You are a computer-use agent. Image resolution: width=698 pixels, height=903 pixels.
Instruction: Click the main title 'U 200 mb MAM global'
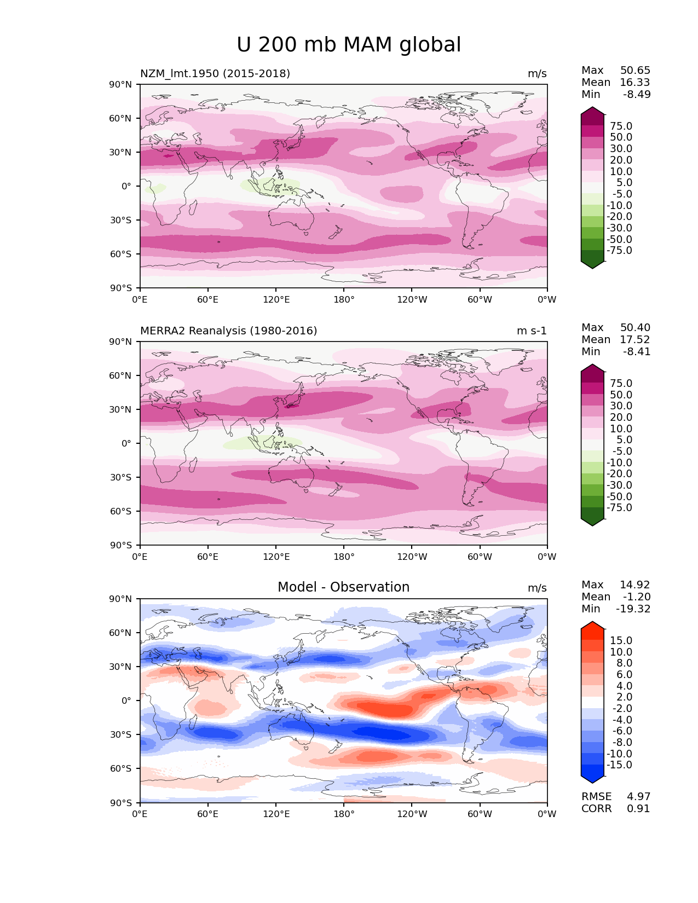click(x=349, y=45)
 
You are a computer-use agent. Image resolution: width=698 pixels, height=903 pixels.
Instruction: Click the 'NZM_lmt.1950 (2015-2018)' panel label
click(x=215, y=73)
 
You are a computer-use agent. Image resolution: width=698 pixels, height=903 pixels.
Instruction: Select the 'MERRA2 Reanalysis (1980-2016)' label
click(x=228, y=331)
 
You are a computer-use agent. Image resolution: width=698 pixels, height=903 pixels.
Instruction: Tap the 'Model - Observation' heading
click(x=343, y=587)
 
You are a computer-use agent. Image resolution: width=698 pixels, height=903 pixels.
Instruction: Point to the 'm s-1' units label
click(x=532, y=331)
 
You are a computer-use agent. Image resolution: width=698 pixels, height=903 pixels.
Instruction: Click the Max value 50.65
click(x=635, y=70)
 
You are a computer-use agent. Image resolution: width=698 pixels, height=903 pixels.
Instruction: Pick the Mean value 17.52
click(x=635, y=339)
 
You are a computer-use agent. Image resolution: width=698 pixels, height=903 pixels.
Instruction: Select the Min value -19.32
click(x=633, y=609)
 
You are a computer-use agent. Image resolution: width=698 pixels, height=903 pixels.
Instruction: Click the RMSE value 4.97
click(x=638, y=796)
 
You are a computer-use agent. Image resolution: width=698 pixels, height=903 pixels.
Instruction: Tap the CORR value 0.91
click(x=638, y=808)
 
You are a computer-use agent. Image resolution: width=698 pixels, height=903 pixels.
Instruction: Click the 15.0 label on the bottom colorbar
click(x=621, y=640)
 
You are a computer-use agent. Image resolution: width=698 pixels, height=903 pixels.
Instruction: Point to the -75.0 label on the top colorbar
click(x=619, y=250)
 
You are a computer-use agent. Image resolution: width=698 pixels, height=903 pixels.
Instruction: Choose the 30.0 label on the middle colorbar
click(x=621, y=406)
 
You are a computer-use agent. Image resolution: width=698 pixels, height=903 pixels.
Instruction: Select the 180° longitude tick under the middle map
click(x=344, y=557)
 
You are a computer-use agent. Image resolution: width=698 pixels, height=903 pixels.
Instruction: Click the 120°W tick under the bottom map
click(x=412, y=814)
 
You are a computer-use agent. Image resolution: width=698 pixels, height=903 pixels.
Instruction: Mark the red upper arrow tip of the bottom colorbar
click(x=592, y=624)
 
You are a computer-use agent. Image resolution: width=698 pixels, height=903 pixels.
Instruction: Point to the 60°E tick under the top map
click(x=207, y=299)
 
